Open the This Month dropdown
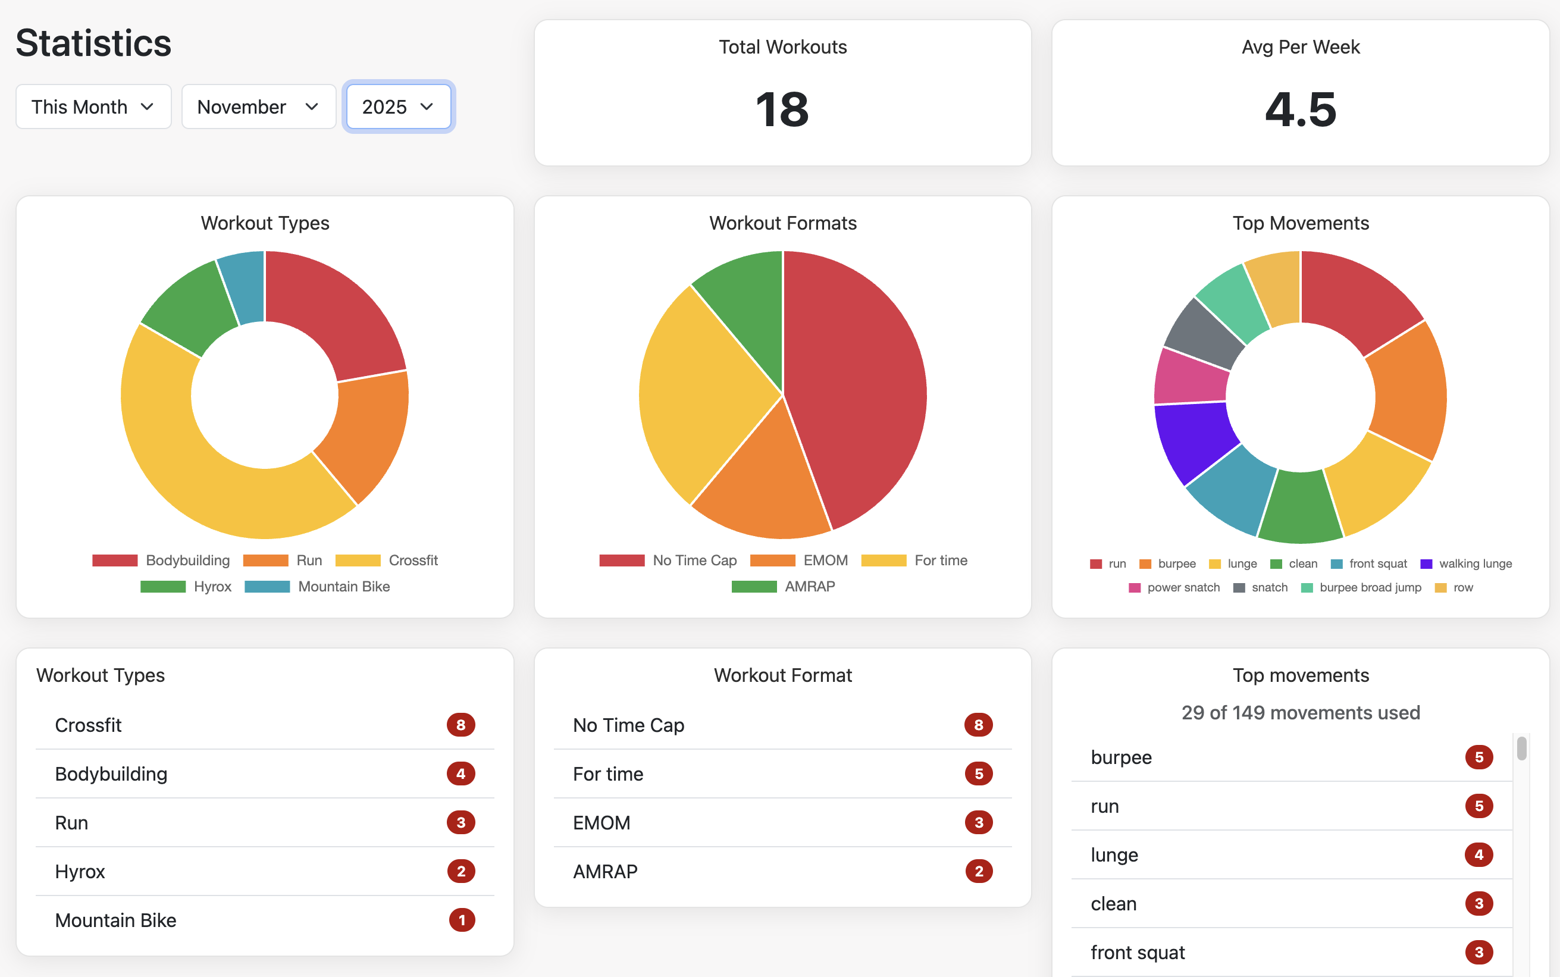(x=93, y=107)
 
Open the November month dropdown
(x=258, y=107)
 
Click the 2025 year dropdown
(x=398, y=107)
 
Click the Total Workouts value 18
(x=782, y=110)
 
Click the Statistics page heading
(x=93, y=43)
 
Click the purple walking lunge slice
(x=1192, y=439)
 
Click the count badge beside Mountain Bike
(x=461, y=920)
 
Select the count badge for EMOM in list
(x=979, y=822)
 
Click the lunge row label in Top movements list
(x=1114, y=855)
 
